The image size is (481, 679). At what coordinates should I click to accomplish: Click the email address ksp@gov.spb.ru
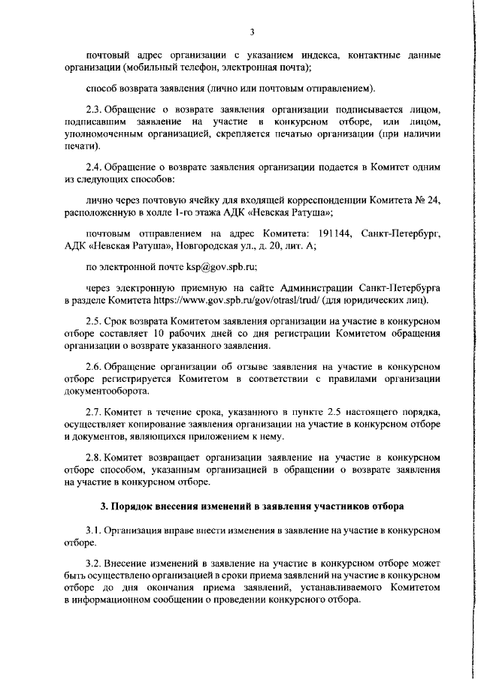click(219, 266)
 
